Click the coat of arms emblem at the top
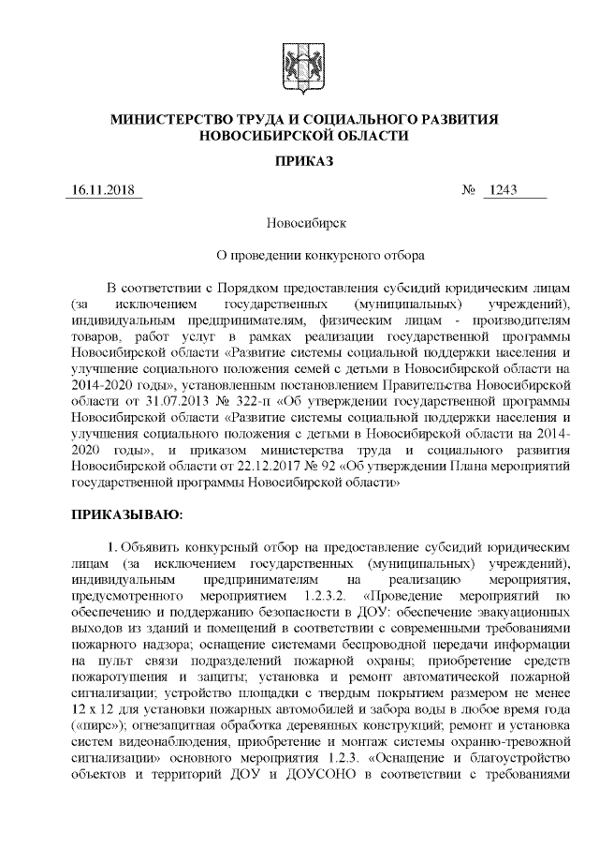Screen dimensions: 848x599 [299, 65]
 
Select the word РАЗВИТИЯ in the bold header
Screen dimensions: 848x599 [454, 120]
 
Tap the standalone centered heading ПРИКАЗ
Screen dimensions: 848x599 [299, 162]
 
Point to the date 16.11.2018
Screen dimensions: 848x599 [104, 191]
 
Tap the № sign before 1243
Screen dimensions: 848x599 [470, 191]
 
